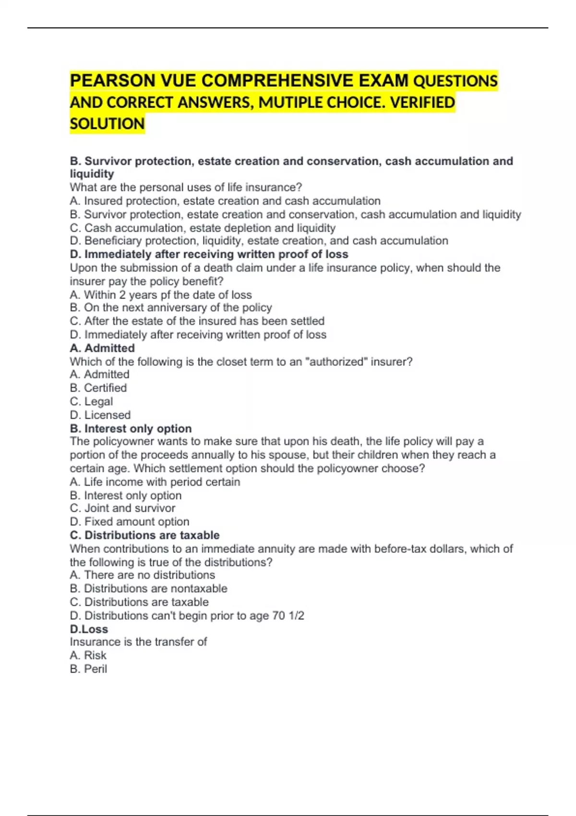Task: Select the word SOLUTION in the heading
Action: tap(107, 124)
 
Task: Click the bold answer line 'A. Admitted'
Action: tap(102, 348)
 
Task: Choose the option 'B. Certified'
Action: tap(98, 388)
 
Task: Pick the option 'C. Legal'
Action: tap(91, 401)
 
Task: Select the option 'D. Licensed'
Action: tap(100, 415)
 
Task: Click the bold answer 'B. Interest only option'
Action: tap(131, 428)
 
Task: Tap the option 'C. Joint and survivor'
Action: tap(122, 508)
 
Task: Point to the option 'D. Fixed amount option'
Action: tap(129, 521)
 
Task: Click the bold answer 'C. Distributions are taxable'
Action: tap(144, 535)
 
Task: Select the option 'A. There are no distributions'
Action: tap(142, 575)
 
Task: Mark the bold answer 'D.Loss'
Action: tap(89, 629)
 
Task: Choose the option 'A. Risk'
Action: tap(88, 655)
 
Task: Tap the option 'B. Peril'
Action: tap(88, 669)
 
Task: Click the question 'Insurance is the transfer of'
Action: tap(138, 642)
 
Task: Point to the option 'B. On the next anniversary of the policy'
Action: tap(170, 307)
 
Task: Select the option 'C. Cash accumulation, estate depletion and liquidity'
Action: tap(202, 228)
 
